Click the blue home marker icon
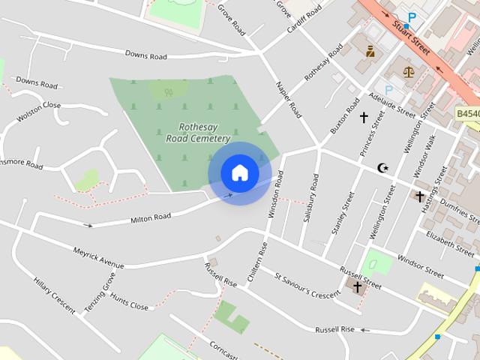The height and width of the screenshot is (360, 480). (x=240, y=173)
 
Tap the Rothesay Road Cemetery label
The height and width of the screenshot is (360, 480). (x=198, y=133)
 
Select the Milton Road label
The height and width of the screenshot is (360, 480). (x=151, y=218)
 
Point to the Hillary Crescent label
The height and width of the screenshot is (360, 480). (x=54, y=295)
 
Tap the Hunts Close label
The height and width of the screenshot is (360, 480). (x=129, y=301)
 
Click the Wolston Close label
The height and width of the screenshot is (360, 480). (x=38, y=110)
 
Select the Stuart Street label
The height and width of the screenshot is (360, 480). (x=411, y=37)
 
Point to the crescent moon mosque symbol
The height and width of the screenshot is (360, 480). (x=383, y=167)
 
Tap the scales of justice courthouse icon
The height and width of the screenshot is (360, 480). (x=409, y=73)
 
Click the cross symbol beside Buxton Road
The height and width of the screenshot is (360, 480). (x=364, y=118)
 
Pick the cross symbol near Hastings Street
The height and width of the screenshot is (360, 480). (x=420, y=196)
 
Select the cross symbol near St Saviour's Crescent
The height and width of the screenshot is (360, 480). (x=358, y=286)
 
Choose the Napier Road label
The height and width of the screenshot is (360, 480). (x=289, y=100)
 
